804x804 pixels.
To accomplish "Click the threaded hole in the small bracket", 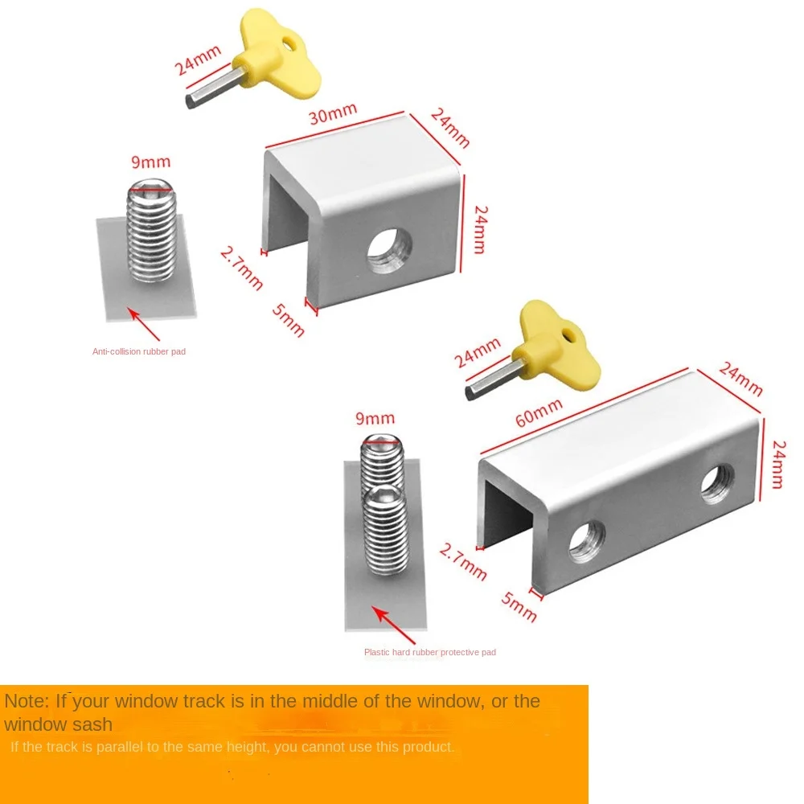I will pyautogui.click(x=388, y=253).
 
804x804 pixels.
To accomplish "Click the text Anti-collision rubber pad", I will pyautogui.click(x=139, y=351).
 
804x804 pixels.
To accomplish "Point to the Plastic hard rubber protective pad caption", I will pyautogui.click(x=430, y=652).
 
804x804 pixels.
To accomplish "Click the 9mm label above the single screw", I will pyautogui.click(x=151, y=162).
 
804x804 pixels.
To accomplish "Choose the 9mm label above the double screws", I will pyautogui.click(x=375, y=418).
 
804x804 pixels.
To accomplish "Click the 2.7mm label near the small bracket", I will pyautogui.click(x=242, y=268).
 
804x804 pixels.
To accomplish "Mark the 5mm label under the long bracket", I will pyautogui.click(x=519, y=605).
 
